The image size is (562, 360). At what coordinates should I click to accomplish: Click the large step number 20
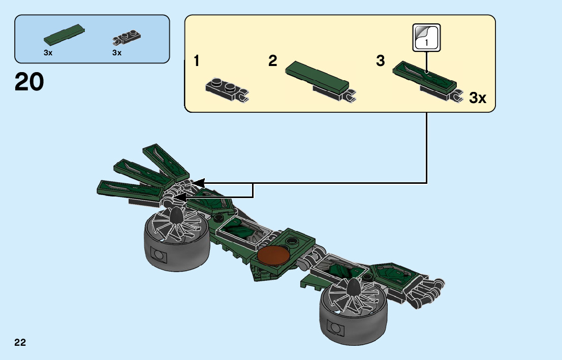pos(29,82)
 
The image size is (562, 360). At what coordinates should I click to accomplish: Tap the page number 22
pos(20,342)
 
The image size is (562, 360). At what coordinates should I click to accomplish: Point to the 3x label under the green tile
pos(48,52)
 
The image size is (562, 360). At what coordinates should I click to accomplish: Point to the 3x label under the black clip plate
pos(117,52)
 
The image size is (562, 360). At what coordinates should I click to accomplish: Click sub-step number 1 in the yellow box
pos(196,62)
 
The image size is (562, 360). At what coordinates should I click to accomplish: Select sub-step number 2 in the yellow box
pos(273,61)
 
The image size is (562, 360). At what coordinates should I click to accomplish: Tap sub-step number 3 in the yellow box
pos(381,61)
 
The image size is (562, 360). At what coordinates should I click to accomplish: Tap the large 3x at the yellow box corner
pos(477,98)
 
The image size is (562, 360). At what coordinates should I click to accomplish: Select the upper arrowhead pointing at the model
pos(197,182)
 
